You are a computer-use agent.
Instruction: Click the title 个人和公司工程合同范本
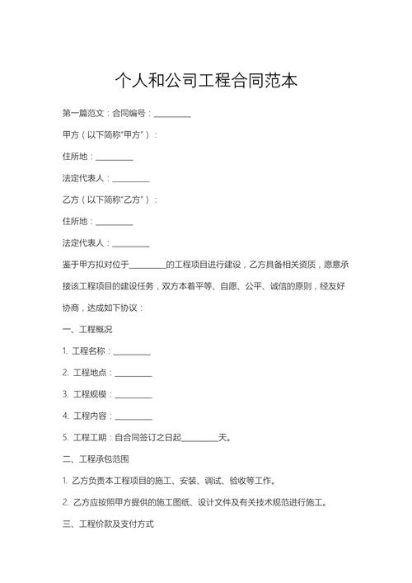click(206, 81)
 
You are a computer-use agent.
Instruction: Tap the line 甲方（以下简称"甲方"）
click(110, 134)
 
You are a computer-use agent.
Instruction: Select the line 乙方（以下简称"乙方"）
click(110, 200)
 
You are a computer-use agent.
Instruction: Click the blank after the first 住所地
click(115, 157)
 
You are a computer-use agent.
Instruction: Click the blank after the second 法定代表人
click(131, 243)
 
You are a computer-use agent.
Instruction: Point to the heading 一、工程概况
click(87, 329)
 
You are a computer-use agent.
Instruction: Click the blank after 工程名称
click(132, 351)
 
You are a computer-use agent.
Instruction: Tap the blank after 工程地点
click(133, 373)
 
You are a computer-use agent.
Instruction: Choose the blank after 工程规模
click(133, 394)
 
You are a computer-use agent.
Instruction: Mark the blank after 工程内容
click(133, 416)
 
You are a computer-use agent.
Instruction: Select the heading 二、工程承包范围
click(96, 458)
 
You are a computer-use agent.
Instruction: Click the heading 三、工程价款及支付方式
click(108, 524)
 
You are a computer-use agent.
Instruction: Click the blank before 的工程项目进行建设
click(147, 265)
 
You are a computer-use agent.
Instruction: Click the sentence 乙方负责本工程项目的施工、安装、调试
click(169, 481)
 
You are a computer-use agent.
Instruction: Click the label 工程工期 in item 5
click(91, 438)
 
